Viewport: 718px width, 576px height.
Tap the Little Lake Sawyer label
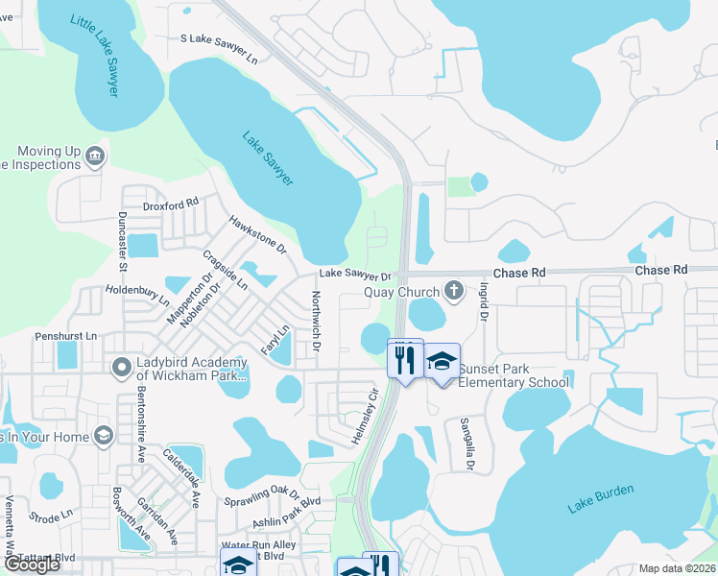99,56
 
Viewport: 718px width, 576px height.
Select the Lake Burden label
600,498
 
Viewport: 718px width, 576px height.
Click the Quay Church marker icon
454,290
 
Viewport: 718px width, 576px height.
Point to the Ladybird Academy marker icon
121,368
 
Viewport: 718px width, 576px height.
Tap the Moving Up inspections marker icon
94,156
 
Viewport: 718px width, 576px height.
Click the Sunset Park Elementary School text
513,375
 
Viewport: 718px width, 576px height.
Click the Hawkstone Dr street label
258,234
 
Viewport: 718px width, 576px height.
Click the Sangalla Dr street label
467,444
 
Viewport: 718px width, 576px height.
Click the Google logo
31,564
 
